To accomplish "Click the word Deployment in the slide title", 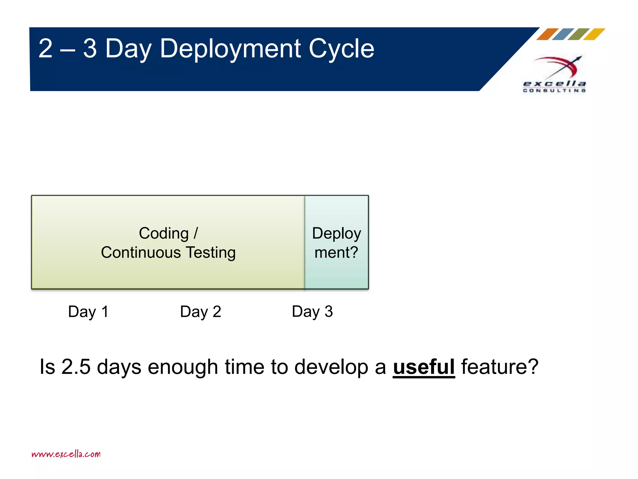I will pos(230,49).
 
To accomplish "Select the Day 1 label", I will pos(88,312).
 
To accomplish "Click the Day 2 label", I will pos(201,312).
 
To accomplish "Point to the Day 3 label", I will pos(312,312).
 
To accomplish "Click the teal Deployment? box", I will pos(336,242).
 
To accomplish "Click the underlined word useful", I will pos(424,367).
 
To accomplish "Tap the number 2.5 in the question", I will pos(76,367).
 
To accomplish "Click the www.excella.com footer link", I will pos(66,454).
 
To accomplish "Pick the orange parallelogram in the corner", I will pos(547,34).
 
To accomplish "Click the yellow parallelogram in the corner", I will pos(594,34).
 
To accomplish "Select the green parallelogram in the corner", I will pos(578,34).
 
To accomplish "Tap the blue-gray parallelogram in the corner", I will pos(563,34).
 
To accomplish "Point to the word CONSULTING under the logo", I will pos(554,90).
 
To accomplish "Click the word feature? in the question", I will pos(500,367).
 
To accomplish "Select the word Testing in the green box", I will pos(211,253).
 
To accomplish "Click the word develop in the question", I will pos(331,367).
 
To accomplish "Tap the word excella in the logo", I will pos(554,84).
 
